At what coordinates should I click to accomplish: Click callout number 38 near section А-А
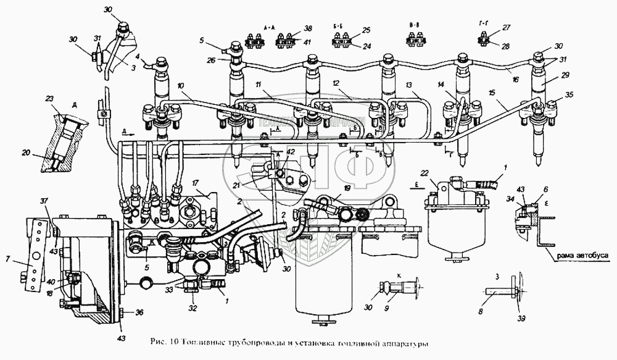point(308,29)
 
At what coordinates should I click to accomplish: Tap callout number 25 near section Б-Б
point(366,30)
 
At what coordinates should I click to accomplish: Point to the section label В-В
point(415,25)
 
